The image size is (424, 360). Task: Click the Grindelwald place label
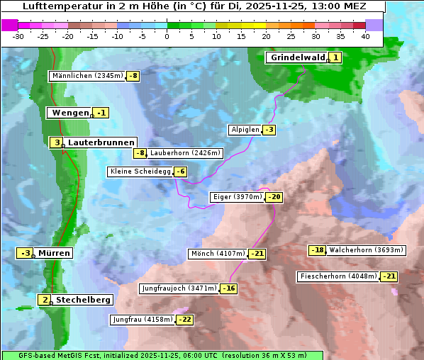tap(297, 57)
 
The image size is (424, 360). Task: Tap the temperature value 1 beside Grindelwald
tap(335, 57)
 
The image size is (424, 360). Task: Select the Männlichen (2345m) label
tap(87, 76)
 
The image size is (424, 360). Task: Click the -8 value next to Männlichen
tap(133, 76)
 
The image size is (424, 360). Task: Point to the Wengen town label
tap(69, 113)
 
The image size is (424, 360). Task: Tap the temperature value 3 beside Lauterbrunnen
tap(56, 142)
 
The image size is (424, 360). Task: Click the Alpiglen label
tap(245, 130)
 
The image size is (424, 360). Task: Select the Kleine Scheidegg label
tap(140, 171)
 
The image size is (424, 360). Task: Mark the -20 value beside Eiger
tap(274, 197)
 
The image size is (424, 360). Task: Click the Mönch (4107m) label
tap(218, 254)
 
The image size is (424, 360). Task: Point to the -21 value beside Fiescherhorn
tap(389, 276)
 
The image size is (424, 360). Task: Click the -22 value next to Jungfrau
tap(184, 320)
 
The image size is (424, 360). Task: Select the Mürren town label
tap(54, 253)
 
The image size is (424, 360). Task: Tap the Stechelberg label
tap(83, 300)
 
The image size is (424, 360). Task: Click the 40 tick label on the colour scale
tap(365, 35)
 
